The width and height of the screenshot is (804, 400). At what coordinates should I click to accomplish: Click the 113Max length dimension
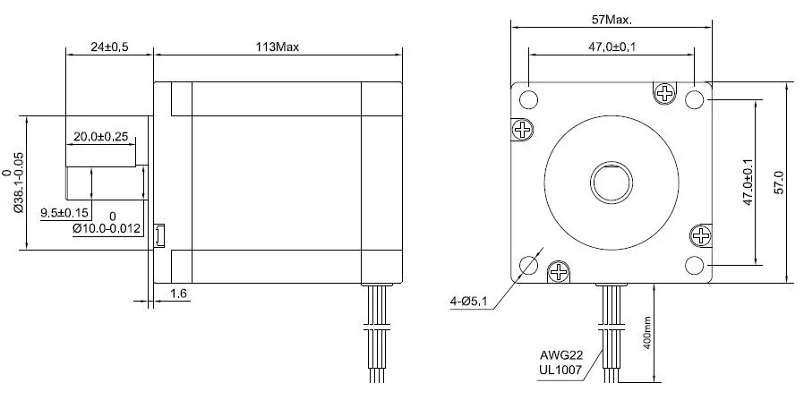278,47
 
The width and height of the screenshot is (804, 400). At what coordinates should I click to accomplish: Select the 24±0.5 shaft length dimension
109,47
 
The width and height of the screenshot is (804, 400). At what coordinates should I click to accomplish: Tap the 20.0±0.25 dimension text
100,137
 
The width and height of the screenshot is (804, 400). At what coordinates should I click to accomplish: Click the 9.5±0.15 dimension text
64,213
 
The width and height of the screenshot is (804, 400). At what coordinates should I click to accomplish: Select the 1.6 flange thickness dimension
177,294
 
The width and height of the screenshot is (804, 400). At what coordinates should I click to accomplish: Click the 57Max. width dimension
612,20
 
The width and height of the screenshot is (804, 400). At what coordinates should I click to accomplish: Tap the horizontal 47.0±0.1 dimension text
612,47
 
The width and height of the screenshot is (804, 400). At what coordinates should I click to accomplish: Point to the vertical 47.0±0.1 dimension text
748,182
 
